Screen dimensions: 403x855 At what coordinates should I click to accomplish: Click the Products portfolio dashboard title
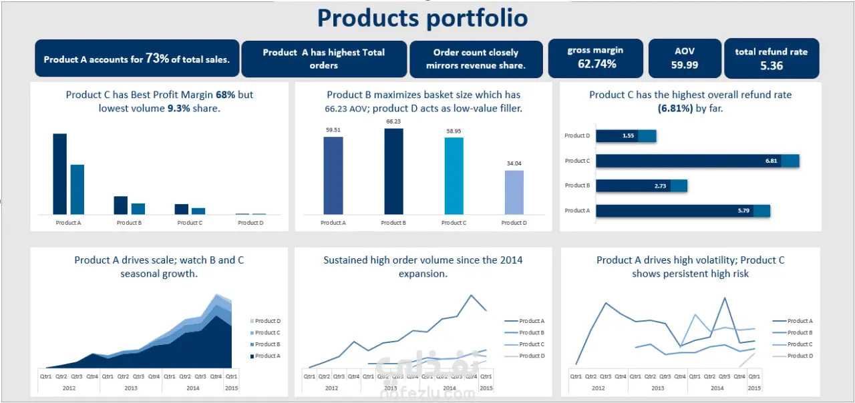422,18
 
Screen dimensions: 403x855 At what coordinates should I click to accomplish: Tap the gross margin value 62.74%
596,64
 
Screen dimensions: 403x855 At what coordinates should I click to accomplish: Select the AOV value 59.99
685,65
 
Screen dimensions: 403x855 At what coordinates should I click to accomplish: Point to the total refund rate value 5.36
771,65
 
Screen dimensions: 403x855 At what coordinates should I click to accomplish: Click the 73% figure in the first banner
157,59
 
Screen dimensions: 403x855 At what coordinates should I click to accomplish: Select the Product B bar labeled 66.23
393,171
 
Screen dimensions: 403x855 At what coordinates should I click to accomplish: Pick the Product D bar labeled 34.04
514,192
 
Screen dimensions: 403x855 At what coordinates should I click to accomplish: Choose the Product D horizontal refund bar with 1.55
625,136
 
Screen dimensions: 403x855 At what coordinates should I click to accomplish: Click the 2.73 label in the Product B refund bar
660,186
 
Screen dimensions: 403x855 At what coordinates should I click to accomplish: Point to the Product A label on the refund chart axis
577,211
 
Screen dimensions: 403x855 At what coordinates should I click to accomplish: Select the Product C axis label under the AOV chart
454,223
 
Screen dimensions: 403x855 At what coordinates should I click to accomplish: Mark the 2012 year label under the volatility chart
598,387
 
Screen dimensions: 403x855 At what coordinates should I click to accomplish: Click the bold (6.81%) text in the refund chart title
675,108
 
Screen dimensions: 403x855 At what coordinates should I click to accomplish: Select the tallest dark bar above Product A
59,173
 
